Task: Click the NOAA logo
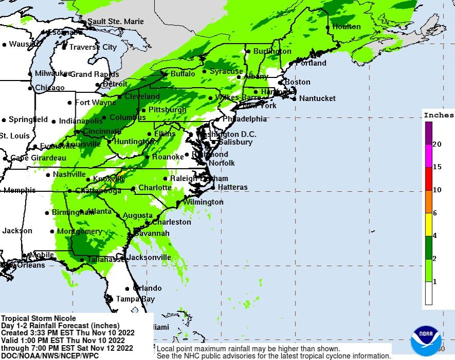click(x=426, y=339)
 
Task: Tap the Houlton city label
click(x=346, y=27)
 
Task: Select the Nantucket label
click(x=317, y=98)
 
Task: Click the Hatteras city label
click(x=233, y=187)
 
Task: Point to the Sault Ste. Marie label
click(x=115, y=22)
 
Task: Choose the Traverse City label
click(x=93, y=47)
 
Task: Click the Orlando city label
click(x=147, y=288)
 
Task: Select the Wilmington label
click(x=203, y=202)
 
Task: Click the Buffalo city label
click(x=182, y=74)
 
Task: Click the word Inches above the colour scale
click(x=439, y=115)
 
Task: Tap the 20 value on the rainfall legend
click(x=437, y=144)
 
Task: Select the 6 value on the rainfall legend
click(x=435, y=213)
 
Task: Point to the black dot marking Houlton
click(x=328, y=27)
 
